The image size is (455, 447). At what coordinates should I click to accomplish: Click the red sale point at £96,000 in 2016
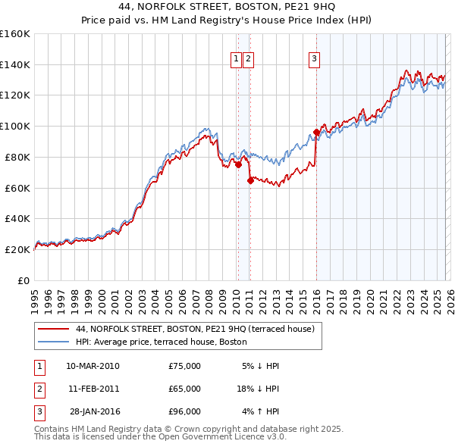point(316,132)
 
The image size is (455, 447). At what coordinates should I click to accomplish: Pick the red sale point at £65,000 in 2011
point(250,180)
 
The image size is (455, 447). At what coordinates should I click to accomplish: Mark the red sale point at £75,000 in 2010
point(238,164)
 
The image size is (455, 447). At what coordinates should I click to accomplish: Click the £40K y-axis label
point(17,219)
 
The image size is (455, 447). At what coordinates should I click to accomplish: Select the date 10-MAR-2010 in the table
point(93,366)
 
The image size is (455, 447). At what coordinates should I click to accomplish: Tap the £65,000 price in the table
point(184,389)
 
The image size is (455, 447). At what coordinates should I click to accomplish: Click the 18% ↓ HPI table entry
point(259,389)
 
